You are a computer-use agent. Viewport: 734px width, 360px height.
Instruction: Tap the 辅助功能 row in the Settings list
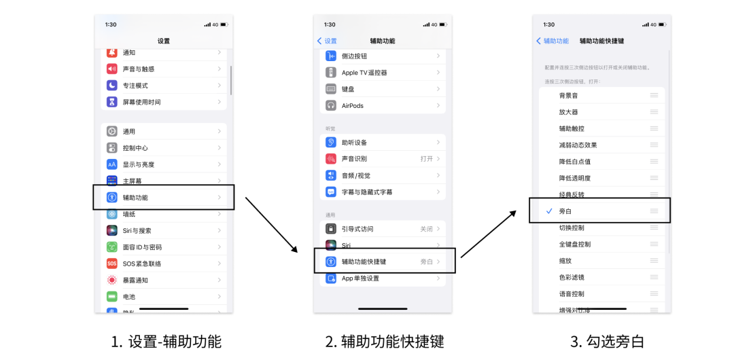135,198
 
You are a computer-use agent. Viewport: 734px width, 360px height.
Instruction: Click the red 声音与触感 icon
112,69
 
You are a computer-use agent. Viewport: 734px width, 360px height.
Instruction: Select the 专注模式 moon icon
112,86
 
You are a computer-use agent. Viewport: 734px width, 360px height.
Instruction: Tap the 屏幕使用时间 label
141,102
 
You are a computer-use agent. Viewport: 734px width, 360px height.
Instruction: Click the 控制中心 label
135,148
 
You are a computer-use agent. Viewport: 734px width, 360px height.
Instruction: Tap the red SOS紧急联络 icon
112,264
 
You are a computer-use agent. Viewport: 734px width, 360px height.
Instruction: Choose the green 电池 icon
112,297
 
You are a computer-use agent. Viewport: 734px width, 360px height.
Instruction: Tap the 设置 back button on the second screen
327,41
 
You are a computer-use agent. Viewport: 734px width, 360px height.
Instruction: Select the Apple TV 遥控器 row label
364,73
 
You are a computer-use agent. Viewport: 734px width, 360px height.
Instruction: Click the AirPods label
353,106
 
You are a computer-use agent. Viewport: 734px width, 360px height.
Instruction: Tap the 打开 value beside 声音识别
426,159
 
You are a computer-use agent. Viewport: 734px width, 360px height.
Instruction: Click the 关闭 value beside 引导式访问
426,229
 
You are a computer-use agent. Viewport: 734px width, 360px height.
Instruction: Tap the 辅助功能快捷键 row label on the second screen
364,262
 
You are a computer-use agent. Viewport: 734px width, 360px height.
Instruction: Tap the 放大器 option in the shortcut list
568,112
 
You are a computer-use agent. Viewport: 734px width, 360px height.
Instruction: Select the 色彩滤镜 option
572,277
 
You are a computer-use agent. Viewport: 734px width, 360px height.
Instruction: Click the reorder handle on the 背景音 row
654,96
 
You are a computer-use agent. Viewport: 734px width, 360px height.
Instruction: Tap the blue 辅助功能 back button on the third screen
553,41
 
